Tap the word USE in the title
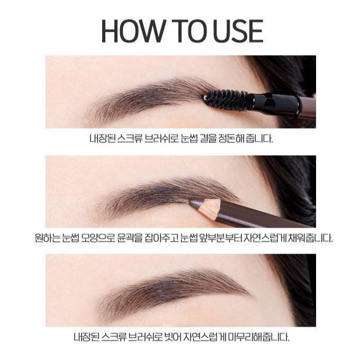(238, 31)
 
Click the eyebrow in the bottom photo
(172, 292)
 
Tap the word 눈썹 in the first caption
(189, 139)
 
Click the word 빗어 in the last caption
(174, 337)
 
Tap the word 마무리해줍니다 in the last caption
(259, 337)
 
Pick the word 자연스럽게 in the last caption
(205, 337)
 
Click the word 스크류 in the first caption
(130, 139)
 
